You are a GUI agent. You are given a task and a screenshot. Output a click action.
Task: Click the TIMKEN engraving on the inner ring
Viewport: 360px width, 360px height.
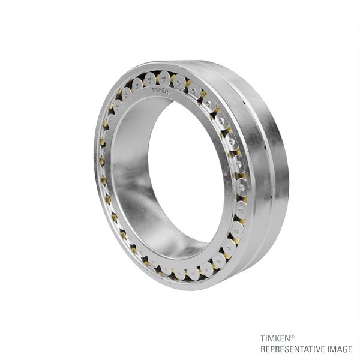tap(161, 91)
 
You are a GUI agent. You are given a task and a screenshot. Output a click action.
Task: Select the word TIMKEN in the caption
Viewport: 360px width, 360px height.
tap(274, 338)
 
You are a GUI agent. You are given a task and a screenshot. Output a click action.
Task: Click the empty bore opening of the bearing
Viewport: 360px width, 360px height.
tap(180, 174)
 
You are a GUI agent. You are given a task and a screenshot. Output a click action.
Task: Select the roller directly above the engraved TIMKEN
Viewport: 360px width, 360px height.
tap(163, 77)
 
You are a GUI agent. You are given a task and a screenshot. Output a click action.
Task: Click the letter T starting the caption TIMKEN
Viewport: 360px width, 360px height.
tap(262, 338)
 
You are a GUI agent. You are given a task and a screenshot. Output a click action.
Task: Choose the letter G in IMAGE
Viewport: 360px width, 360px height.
tap(344, 349)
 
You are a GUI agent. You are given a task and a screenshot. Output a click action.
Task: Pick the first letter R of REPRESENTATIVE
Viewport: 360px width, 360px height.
tap(263, 349)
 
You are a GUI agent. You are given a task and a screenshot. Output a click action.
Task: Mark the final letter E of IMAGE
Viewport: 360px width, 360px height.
tap(350, 349)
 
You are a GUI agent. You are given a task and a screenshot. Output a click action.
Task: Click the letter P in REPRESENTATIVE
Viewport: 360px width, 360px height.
tap(273, 349)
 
